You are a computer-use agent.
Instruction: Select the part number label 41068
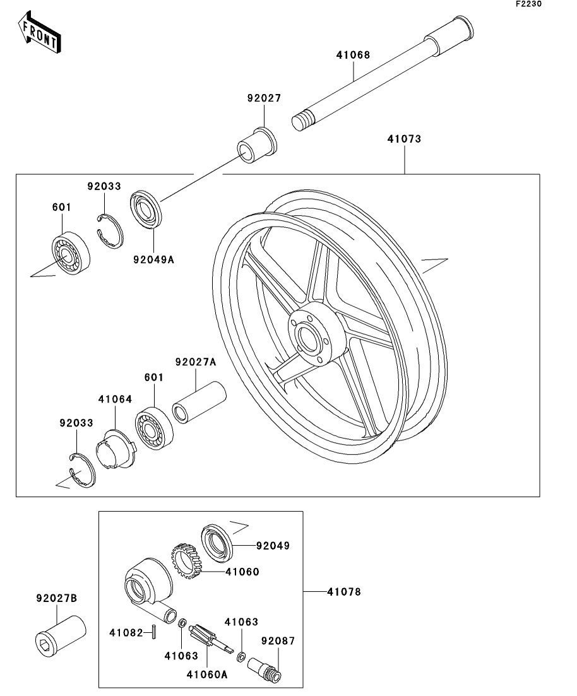[353, 55]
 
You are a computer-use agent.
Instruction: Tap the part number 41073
[404, 139]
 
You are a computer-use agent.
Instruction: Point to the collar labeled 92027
[256, 146]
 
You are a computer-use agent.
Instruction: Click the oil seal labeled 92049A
[146, 210]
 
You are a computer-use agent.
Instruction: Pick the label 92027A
[196, 362]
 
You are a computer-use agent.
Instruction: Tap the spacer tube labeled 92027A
[199, 402]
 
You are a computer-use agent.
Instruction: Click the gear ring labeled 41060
[186, 560]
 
